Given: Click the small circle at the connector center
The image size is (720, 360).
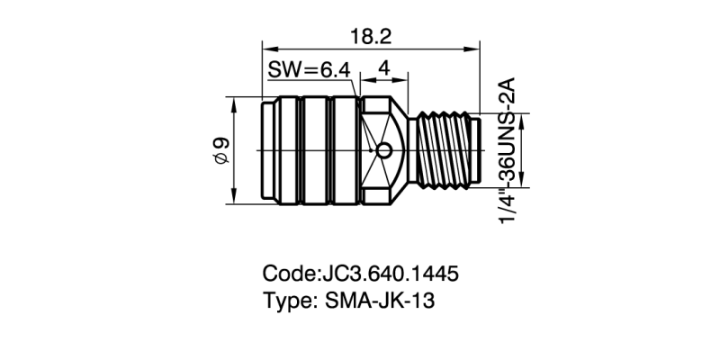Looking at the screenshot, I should pos(385,149).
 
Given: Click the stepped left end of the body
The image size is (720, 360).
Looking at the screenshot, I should pos(266,149).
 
